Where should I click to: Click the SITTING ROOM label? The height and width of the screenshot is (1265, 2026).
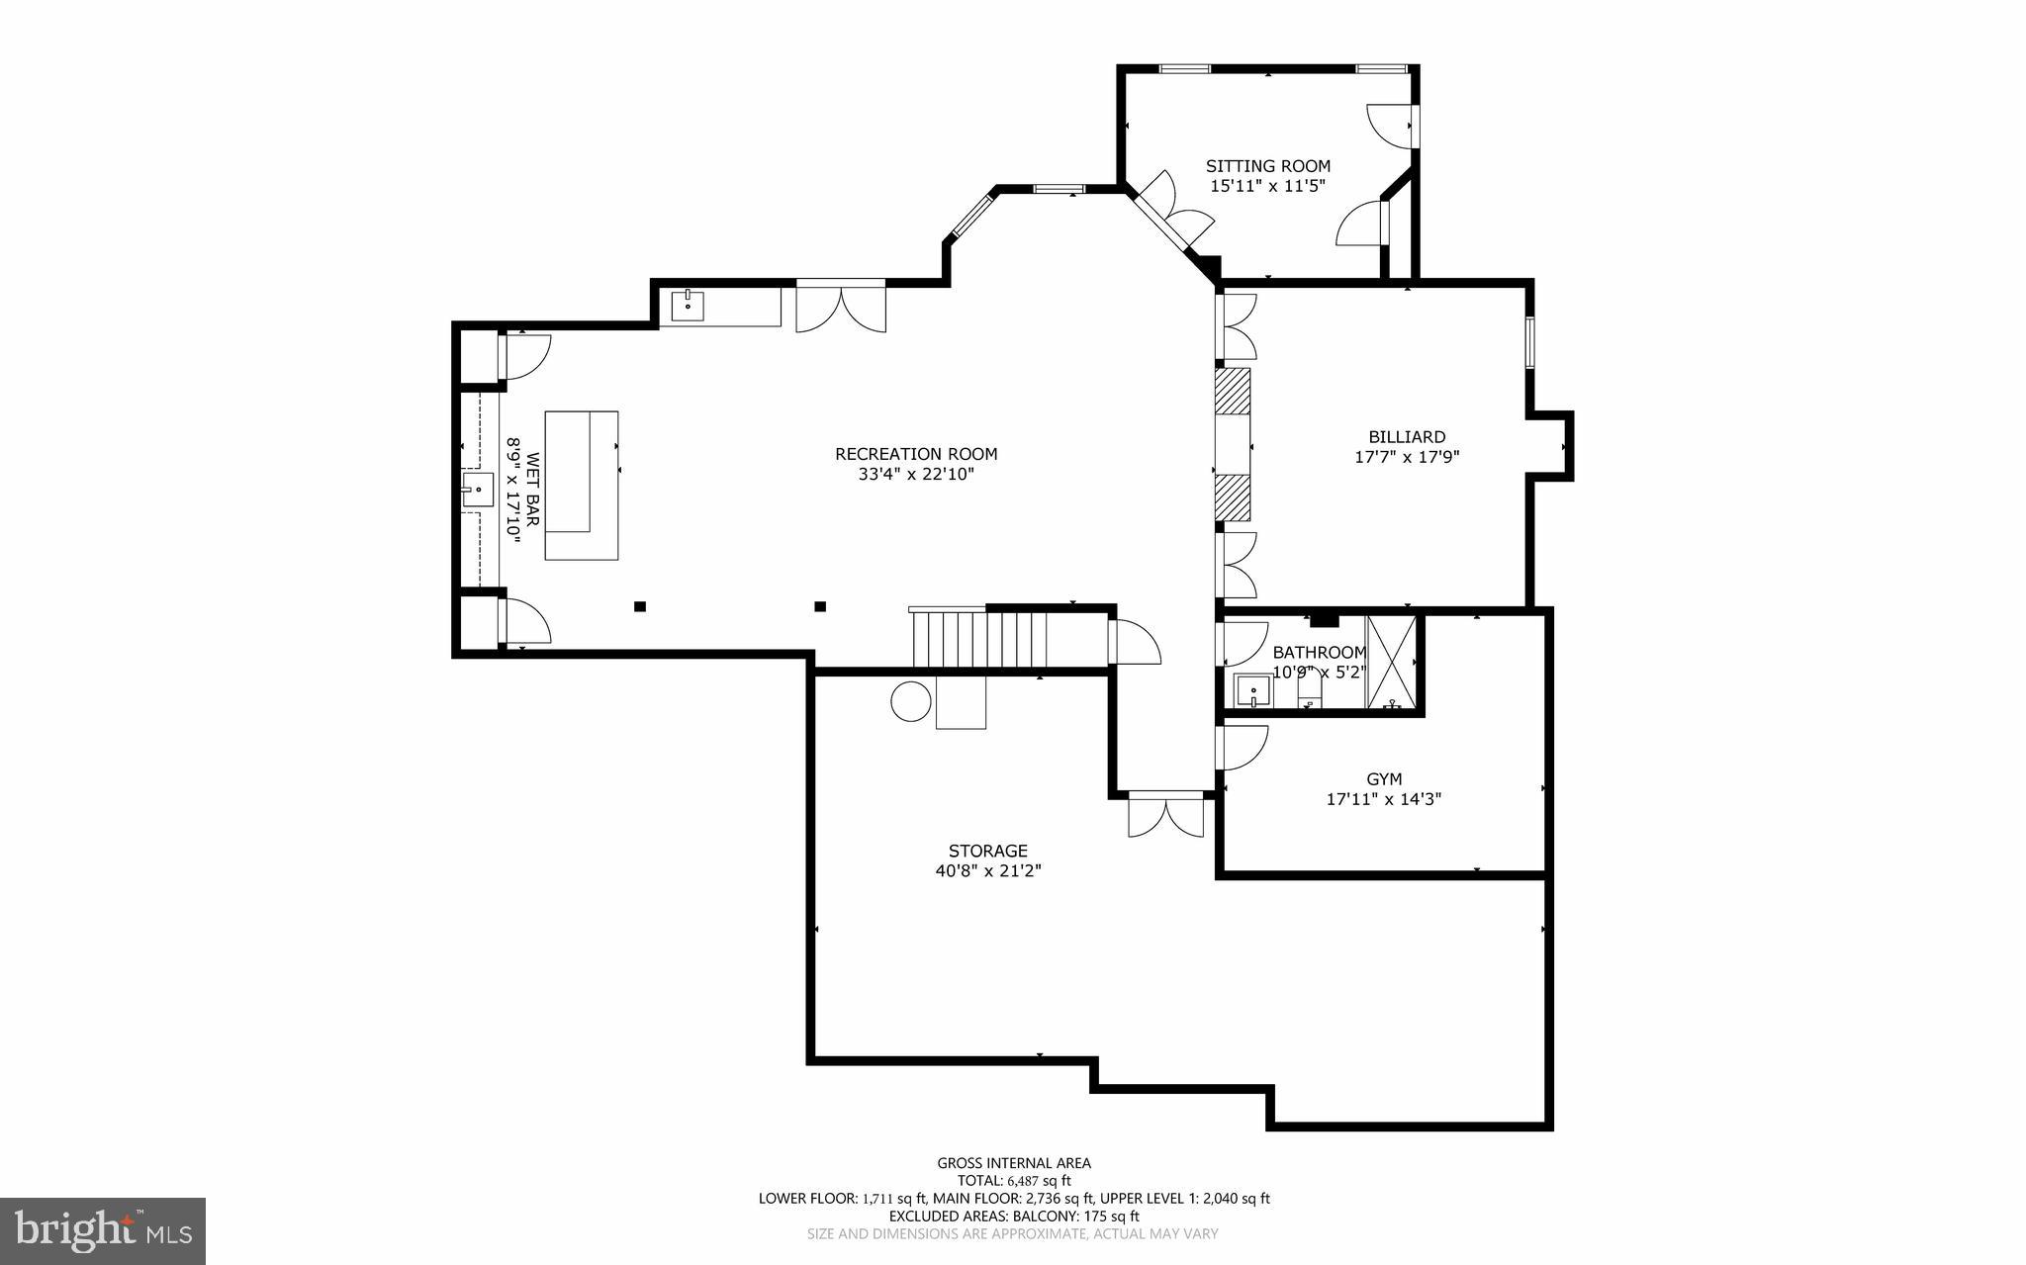pos(1267,166)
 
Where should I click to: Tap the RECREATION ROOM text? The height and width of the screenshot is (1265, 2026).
pos(916,454)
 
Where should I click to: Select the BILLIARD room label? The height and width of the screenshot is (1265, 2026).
pos(1407,436)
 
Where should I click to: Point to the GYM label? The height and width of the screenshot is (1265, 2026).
pos(1384,779)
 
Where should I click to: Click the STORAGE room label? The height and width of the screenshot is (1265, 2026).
pos(987,851)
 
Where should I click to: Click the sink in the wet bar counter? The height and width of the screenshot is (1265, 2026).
pos(478,490)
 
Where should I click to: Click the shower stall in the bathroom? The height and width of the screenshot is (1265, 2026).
pos(1391,662)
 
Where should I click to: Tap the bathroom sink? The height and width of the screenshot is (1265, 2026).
pos(1253,689)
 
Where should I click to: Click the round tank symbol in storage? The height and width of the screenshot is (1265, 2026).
pos(911,701)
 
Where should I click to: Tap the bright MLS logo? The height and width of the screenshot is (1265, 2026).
pos(103,1230)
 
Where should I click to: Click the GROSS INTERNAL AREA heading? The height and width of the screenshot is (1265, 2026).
pos(1014,1163)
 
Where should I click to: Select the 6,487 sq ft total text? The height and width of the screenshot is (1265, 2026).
pos(1039,1181)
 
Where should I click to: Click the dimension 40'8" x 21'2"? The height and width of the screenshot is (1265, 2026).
pos(987,871)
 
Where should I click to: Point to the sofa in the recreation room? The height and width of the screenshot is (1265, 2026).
pos(581,486)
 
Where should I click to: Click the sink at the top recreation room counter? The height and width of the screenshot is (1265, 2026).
pos(688,307)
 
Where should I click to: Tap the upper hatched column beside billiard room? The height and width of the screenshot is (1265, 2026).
pos(1233,391)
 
